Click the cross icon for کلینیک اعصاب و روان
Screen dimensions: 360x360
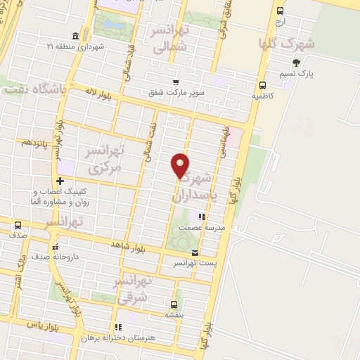coord(60,181)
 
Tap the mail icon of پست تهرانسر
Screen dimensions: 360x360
coord(195,252)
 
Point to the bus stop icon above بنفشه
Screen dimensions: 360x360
coord(173,304)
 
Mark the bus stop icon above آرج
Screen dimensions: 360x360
coord(281,11)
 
